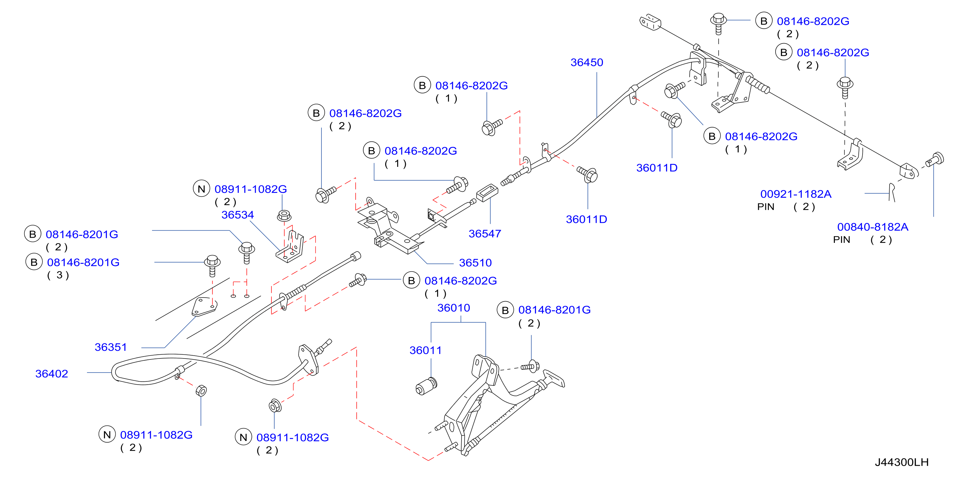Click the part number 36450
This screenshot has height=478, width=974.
click(x=587, y=62)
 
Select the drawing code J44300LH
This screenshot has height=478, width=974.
click(x=902, y=462)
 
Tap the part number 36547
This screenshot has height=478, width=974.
click(x=485, y=234)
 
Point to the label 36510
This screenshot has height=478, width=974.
click(x=475, y=263)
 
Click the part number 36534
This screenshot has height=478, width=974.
click(x=237, y=215)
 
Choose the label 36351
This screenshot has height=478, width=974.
click(x=110, y=347)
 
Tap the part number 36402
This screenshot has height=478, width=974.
click(x=52, y=374)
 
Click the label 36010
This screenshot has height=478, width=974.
click(x=454, y=308)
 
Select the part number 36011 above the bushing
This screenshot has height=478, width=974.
click(x=425, y=350)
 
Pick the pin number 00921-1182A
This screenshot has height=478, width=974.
click(x=796, y=194)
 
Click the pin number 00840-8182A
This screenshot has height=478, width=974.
click(x=872, y=227)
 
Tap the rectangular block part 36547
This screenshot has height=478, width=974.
click(x=487, y=193)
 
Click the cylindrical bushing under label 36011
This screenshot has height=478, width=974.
click(x=426, y=386)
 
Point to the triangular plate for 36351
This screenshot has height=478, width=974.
click(x=204, y=306)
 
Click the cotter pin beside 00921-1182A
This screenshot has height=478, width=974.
click(x=892, y=192)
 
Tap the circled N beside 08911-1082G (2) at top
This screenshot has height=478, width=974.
click(x=201, y=189)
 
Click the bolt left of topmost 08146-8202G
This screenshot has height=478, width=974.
click(x=718, y=24)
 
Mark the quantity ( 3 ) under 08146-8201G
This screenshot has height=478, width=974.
click(x=58, y=275)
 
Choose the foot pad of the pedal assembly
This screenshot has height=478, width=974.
click(x=554, y=378)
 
